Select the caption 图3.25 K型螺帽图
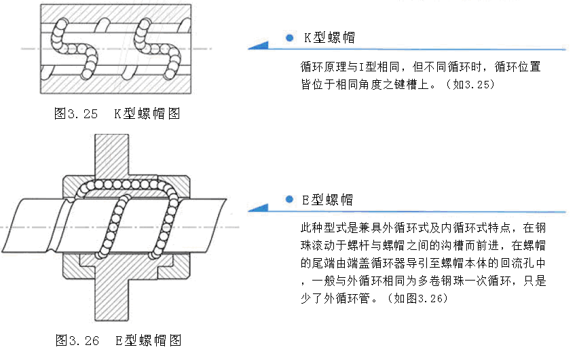click(117, 113)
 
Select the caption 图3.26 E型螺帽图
click(117, 340)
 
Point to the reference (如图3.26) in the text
click(435, 298)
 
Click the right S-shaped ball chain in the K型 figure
click(157, 48)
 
